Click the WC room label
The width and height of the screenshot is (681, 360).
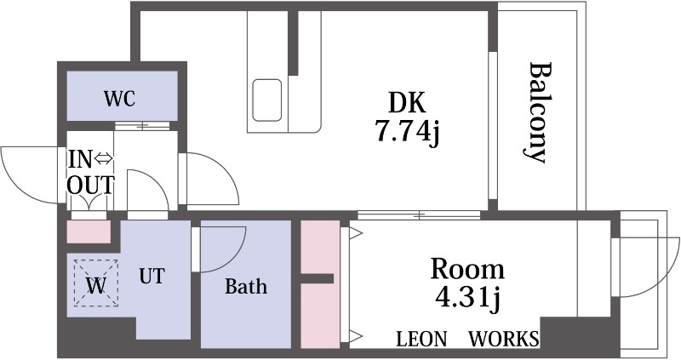click(x=120, y=99)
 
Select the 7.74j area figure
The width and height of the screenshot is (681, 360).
click(x=408, y=131)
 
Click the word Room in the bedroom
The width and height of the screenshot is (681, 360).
click(x=467, y=269)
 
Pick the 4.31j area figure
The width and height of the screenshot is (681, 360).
click(x=468, y=298)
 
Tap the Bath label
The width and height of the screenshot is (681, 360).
click(x=246, y=286)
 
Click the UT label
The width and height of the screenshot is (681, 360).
click(x=152, y=276)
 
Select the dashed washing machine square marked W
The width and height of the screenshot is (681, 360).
click(x=96, y=283)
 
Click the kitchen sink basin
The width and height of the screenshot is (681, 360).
click(x=267, y=100)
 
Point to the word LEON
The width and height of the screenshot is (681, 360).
click(x=421, y=339)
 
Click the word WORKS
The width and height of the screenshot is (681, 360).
click(x=504, y=339)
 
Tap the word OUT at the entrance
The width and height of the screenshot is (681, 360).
click(x=91, y=185)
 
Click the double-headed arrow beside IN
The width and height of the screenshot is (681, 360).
click(x=103, y=159)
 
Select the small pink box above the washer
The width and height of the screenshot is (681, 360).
click(x=89, y=231)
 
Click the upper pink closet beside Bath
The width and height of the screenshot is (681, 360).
click(x=320, y=247)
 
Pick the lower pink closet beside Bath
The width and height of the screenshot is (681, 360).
click(x=320, y=315)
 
